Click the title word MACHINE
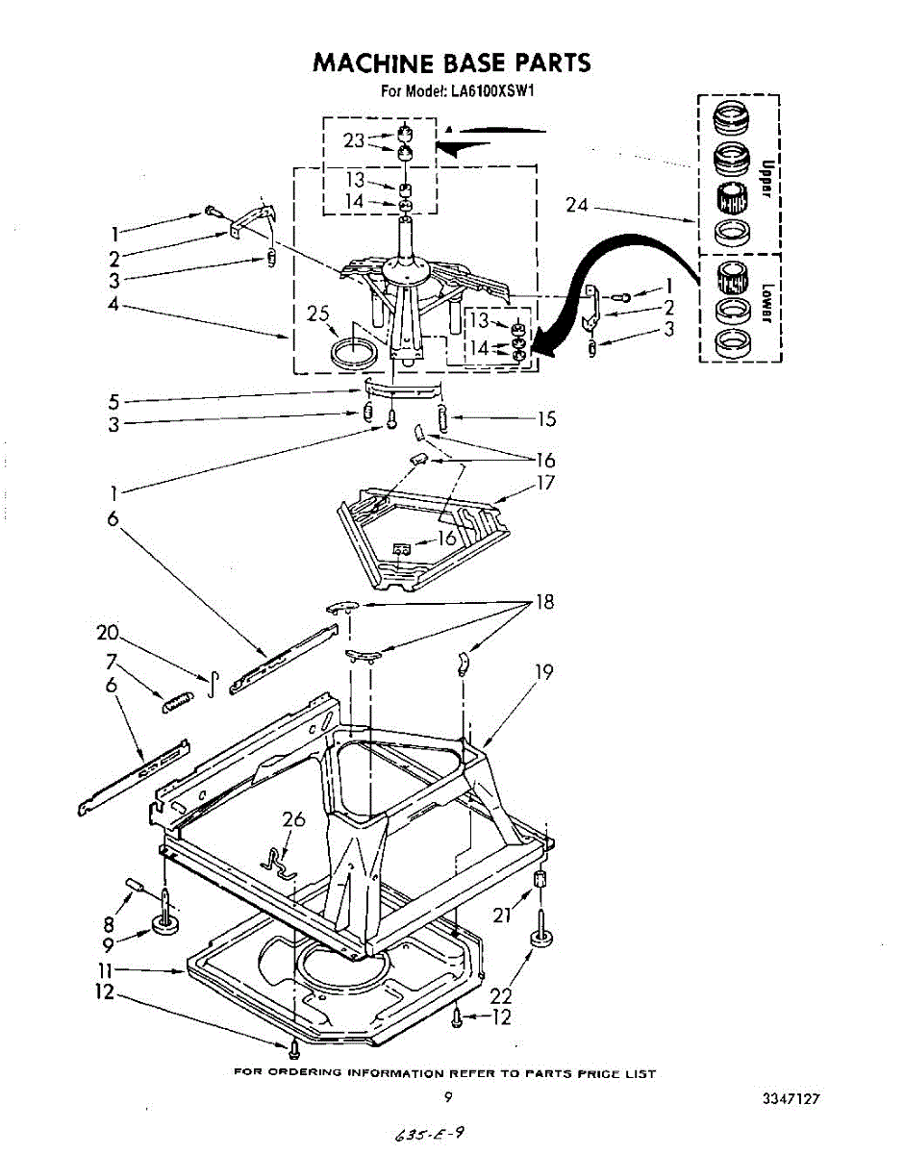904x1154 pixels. pyautogui.click(x=371, y=63)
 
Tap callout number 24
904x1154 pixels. pyautogui.click(x=578, y=205)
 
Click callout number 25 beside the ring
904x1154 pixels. pyautogui.click(x=317, y=314)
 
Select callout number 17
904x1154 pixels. pyautogui.click(x=545, y=483)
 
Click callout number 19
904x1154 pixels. pyautogui.click(x=544, y=672)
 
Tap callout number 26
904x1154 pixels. pyautogui.click(x=293, y=819)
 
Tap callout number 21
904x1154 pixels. pyautogui.click(x=502, y=916)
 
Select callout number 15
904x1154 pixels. pyautogui.click(x=546, y=418)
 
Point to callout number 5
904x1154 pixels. pyautogui.click(x=113, y=400)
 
